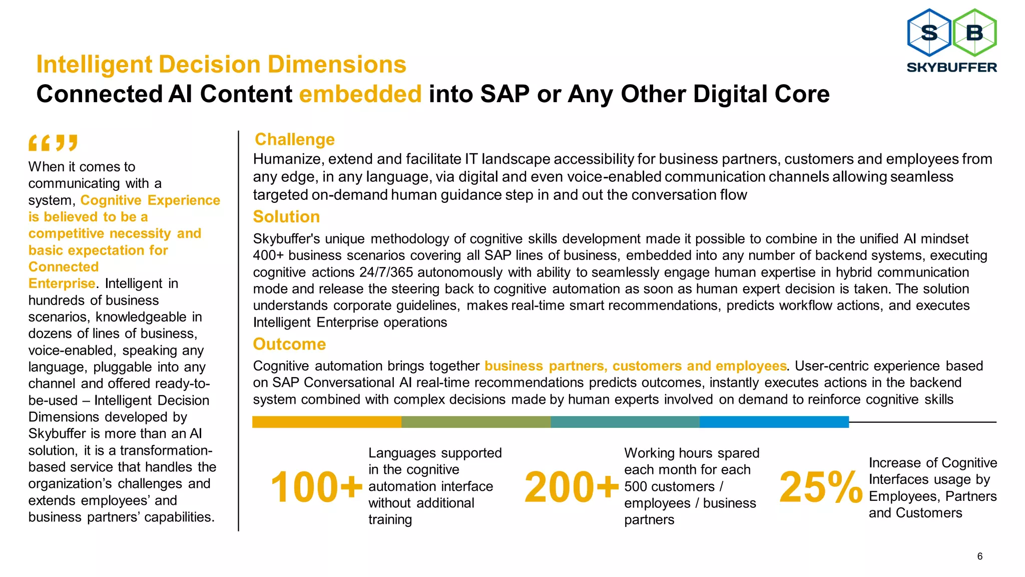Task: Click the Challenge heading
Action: coord(294,139)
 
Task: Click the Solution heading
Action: coord(286,216)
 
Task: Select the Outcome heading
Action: coord(289,344)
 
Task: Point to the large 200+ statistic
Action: coord(572,487)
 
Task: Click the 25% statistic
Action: coord(821,487)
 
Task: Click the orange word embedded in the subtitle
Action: coord(360,94)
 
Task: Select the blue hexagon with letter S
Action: coord(929,33)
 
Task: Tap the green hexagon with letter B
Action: coord(974,33)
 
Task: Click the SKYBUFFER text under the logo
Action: coord(951,67)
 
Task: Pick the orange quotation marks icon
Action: coord(53,143)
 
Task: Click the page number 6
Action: coord(979,556)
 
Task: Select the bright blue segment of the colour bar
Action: coord(774,422)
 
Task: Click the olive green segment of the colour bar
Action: coord(475,422)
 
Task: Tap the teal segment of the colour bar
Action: coord(625,422)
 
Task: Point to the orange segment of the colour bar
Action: coord(326,422)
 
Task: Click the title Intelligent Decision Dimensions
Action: coord(221,65)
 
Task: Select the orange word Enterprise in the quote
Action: coord(62,283)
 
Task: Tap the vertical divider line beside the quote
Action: coord(238,331)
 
